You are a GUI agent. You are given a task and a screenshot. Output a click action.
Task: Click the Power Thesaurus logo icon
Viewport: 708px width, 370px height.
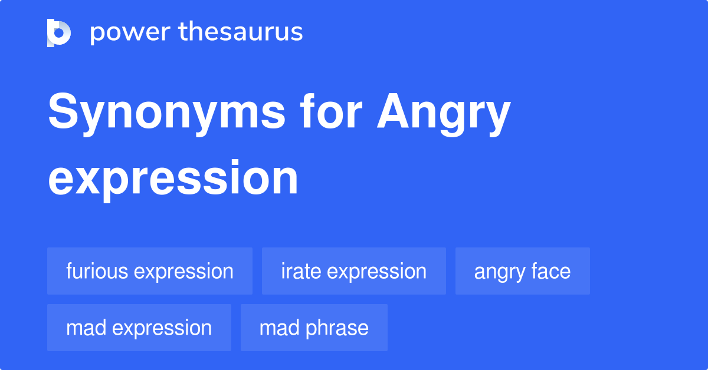(x=59, y=32)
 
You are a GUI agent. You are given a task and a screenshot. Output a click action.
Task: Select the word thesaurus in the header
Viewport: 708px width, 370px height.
(x=241, y=32)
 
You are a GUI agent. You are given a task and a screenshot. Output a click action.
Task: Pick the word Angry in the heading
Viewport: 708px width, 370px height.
(x=444, y=114)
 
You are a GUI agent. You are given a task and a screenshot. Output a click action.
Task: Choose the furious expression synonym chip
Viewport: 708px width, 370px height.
(x=150, y=271)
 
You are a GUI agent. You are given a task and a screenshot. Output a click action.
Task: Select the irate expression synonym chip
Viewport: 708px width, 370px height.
(x=354, y=271)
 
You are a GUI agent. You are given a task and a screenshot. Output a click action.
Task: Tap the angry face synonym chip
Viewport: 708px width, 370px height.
(x=522, y=271)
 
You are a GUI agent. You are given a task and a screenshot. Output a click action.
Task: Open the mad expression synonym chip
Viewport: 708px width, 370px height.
(x=139, y=328)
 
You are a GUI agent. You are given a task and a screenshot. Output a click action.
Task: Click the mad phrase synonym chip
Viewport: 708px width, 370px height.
(x=314, y=328)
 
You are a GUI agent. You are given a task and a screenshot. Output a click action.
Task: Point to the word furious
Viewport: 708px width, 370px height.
(x=97, y=271)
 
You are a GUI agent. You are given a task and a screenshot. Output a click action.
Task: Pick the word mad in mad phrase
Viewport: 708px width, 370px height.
(x=277, y=328)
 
